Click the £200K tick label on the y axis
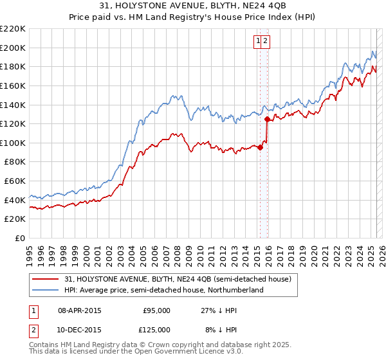coord(13,48)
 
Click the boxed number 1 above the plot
coord(258,41)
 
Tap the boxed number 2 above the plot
coord(265,41)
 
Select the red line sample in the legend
coord(44,279)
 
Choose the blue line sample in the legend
coord(44,290)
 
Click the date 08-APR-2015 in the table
coord(80,310)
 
